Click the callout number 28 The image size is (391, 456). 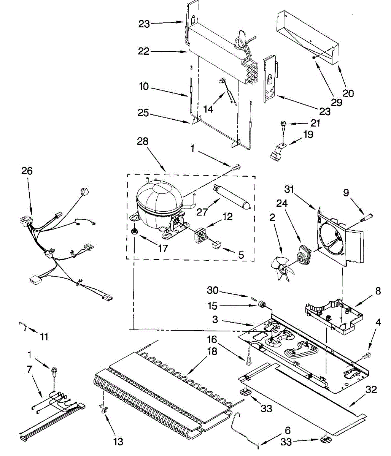142,142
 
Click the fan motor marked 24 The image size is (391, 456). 303,256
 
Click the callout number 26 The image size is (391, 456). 27,171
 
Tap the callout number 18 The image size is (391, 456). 212,351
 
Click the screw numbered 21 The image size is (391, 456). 283,124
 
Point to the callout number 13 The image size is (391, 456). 118,442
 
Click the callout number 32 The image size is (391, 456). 371,389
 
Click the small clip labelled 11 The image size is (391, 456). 23,325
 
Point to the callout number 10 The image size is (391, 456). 143,87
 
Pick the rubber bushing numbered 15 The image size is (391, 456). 261,304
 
